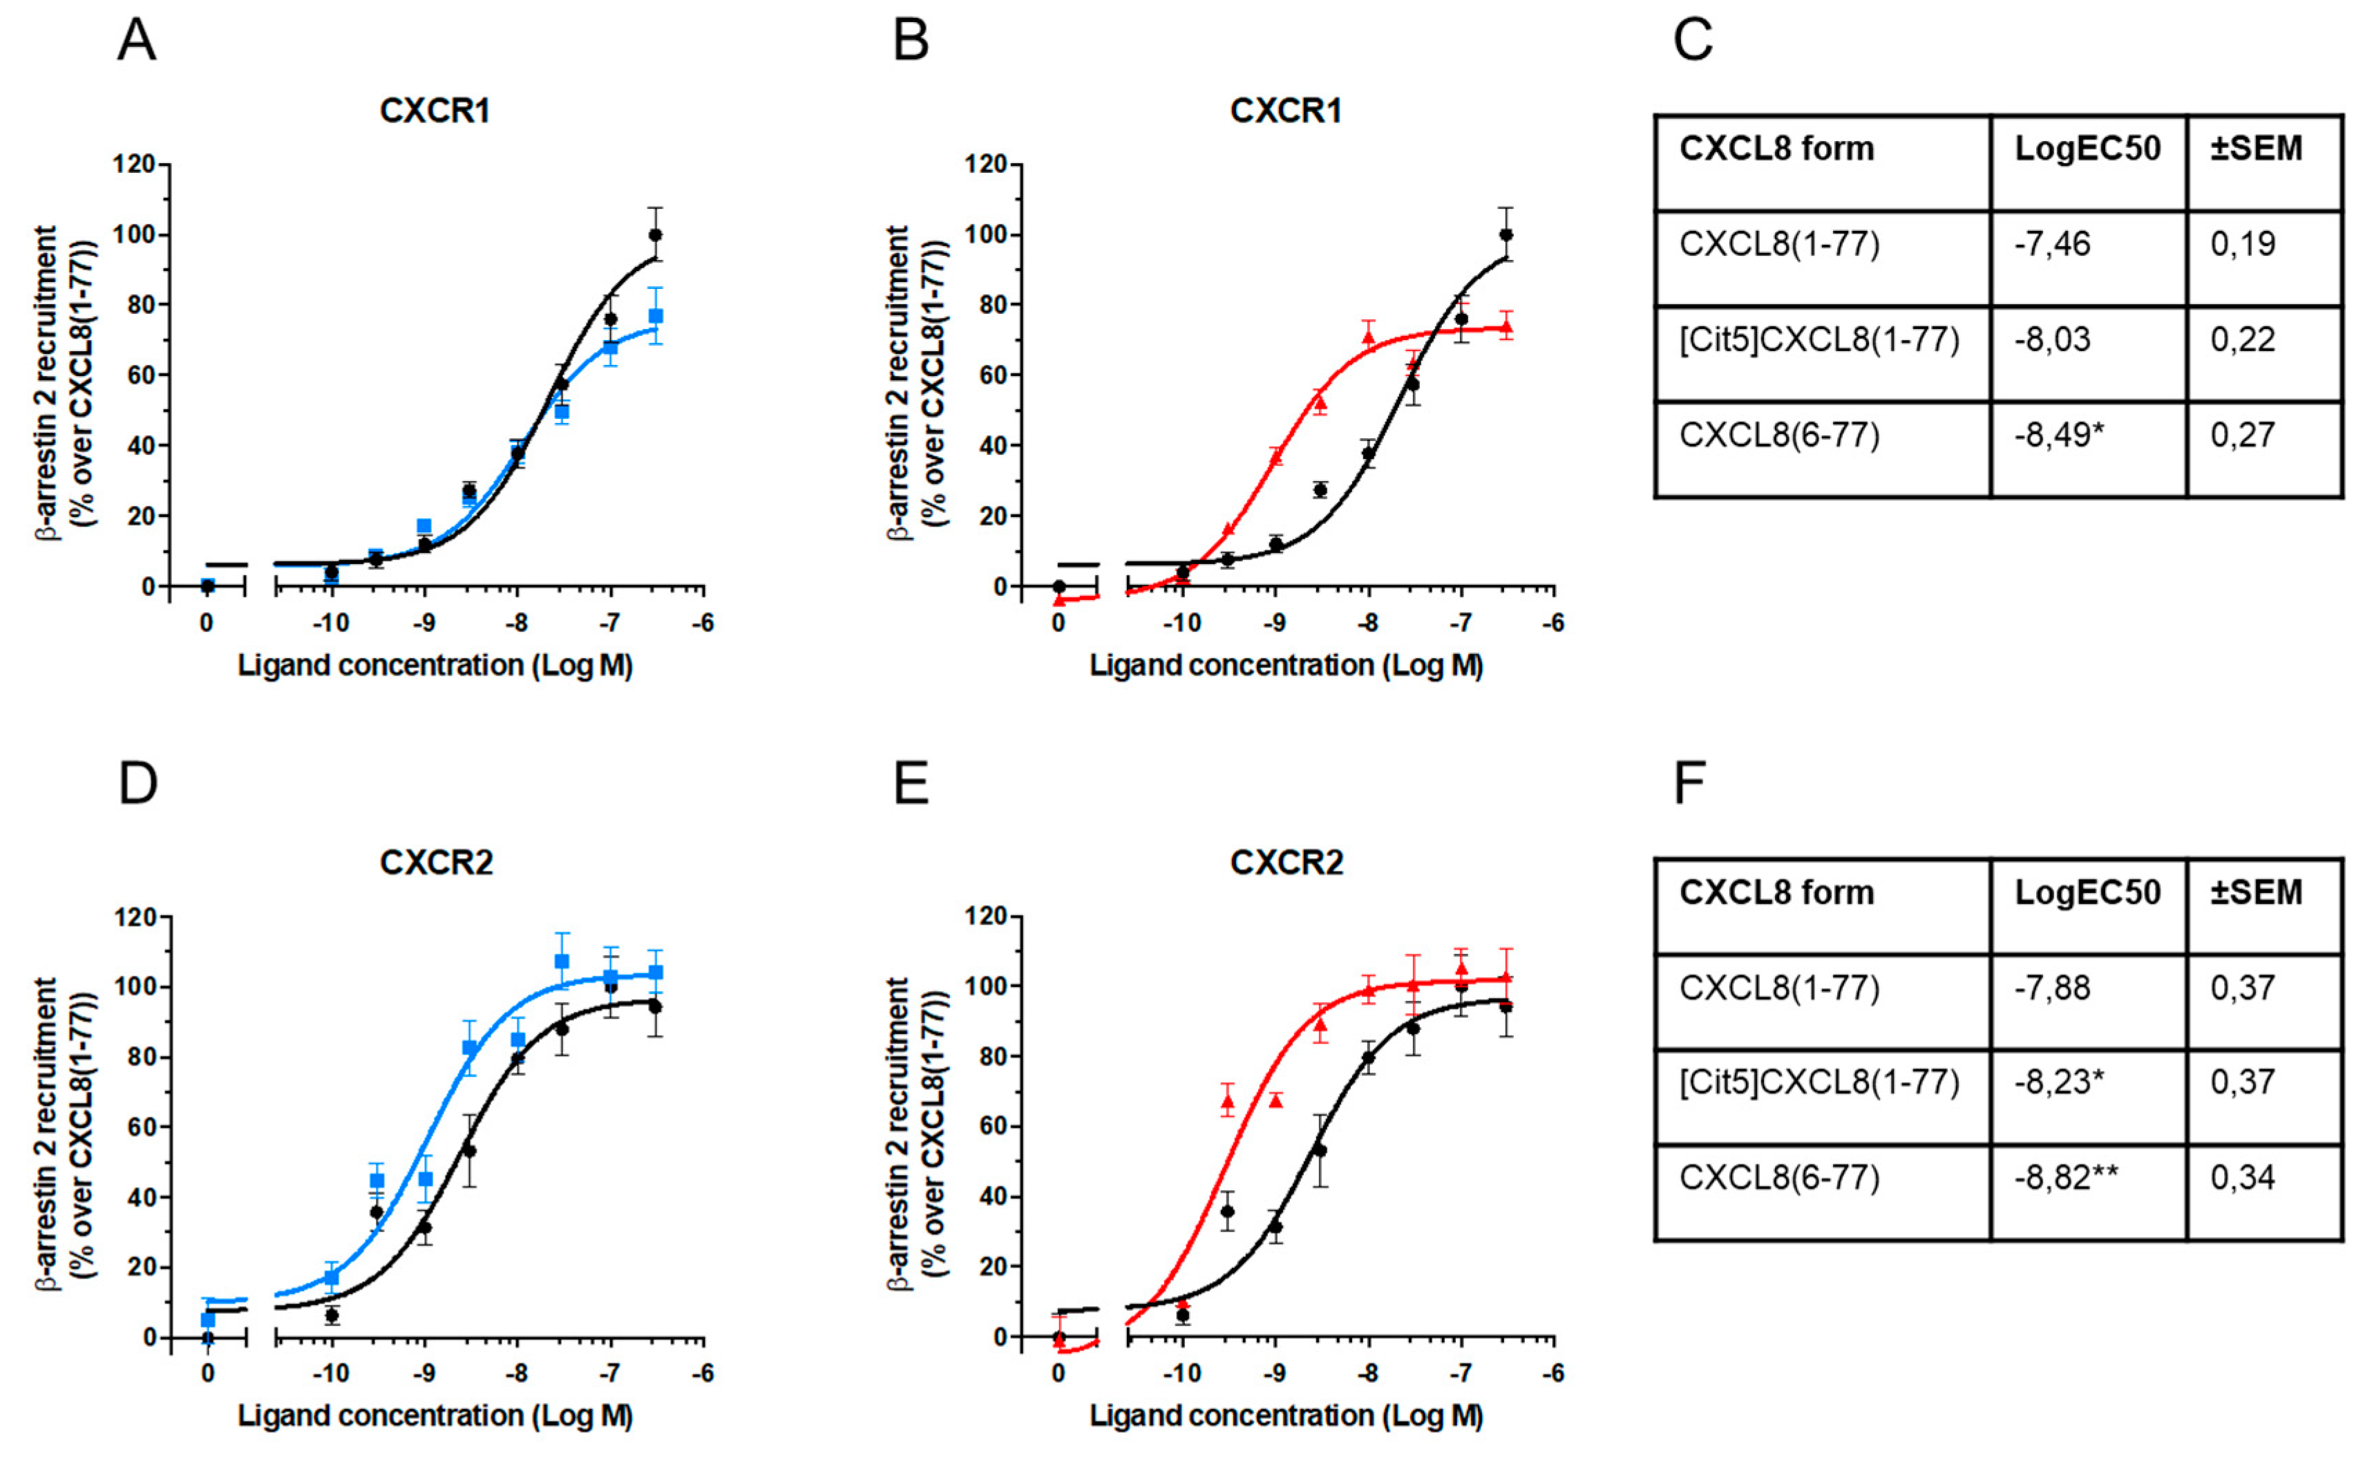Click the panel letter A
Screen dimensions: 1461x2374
pos(136,41)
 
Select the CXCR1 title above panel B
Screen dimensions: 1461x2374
pos(1286,111)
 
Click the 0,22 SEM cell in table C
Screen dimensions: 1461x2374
pos(2243,340)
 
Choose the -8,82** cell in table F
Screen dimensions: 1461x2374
pos(2066,1178)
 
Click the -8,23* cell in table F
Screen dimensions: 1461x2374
pos(2058,1082)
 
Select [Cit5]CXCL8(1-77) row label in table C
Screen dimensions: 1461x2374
pos(1819,340)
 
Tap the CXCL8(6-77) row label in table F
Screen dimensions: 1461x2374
pos(1779,1178)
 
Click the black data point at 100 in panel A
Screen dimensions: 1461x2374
pos(655,235)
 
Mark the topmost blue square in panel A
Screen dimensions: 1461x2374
pos(655,316)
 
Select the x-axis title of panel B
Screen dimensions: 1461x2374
pos(1286,666)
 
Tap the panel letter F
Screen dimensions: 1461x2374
pos(1689,784)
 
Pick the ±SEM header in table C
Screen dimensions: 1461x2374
pos(2256,149)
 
